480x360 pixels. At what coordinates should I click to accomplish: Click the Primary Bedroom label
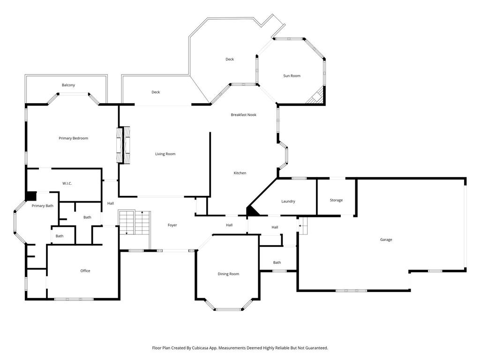tap(73, 138)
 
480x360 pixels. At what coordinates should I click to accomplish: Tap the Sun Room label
tap(292, 75)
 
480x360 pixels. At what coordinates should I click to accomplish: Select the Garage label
tap(386, 240)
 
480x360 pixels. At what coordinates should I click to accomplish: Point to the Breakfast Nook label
tap(243, 115)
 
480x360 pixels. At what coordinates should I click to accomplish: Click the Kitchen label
tap(240, 173)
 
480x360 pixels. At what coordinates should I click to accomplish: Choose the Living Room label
tap(165, 154)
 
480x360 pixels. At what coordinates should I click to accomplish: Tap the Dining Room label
tap(228, 274)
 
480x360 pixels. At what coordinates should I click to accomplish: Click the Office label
tap(85, 270)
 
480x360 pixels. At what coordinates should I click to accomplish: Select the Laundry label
tap(288, 202)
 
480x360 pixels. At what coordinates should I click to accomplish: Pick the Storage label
tap(336, 200)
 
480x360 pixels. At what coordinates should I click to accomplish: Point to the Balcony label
tap(68, 85)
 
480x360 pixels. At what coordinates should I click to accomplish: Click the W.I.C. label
tap(67, 183)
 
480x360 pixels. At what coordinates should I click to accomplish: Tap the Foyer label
tap(172, 225)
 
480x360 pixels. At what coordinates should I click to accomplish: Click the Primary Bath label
tap(43, 206)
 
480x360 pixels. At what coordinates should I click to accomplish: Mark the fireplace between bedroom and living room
tap(123, 144)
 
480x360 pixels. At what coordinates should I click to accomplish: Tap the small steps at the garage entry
tap(303, 226)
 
